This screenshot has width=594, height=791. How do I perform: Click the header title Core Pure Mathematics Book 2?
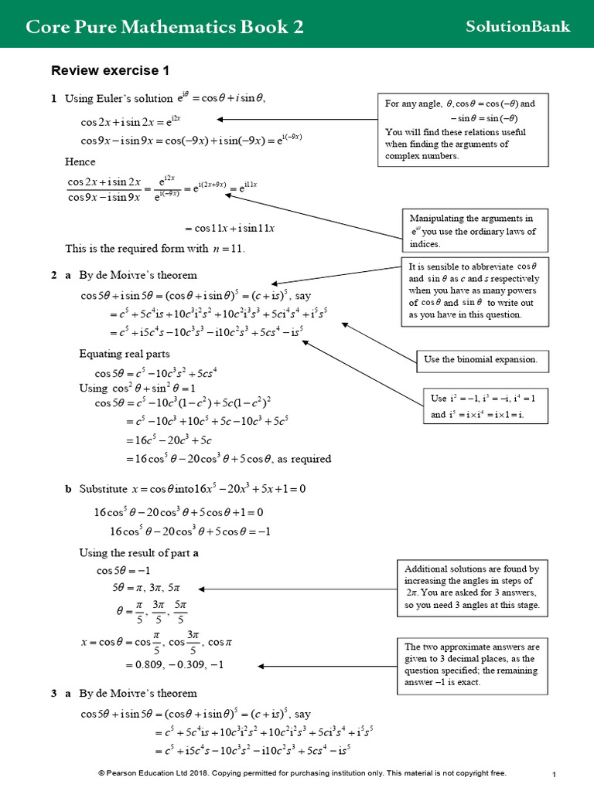[x=164, y=27]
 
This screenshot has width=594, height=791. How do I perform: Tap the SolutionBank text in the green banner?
[x=517, y=26]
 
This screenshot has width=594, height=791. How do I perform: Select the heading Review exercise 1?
[x=110, y=71]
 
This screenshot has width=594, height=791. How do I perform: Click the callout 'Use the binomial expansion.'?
[x=480, y=359]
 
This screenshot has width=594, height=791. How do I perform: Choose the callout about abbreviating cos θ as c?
[x=473, y=290]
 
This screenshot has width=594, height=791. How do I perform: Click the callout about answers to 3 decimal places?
[x=472, y=664]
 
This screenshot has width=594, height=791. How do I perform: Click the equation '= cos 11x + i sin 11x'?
[x=230, y=228]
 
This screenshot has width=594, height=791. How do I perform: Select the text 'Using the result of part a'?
[x=139, y=553]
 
